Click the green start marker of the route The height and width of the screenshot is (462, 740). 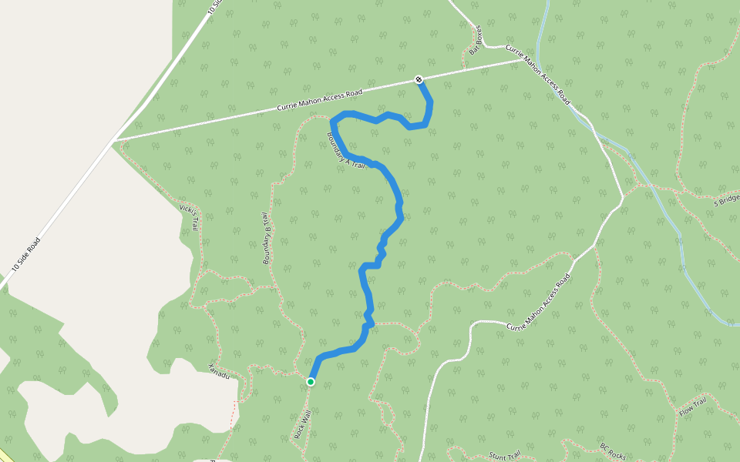[311, 381]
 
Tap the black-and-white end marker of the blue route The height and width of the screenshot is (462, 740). [419, 79]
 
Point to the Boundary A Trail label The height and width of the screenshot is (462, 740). [345, 152]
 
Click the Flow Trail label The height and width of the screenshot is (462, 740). [692, 407]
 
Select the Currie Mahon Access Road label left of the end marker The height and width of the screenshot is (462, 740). [319, 101]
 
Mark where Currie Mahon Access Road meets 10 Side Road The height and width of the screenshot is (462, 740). [114, 140]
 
